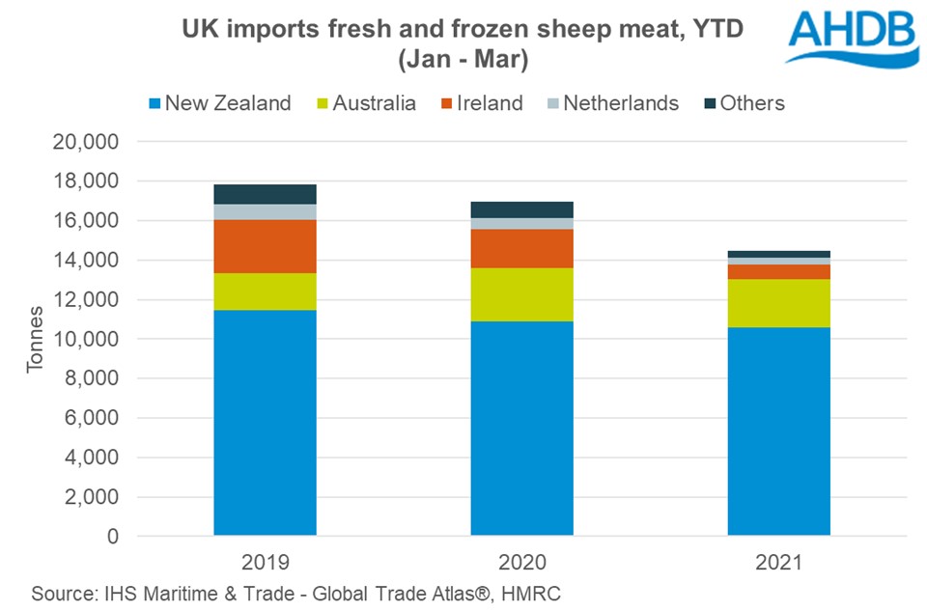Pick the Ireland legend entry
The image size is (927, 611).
point(481,103)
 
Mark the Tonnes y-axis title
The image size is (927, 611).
point(36,340)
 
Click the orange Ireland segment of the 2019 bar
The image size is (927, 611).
point(266,246)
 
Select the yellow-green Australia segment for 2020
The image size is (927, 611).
point(521,294)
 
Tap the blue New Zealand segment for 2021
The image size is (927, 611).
point(778,430)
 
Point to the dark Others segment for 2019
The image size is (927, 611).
point(266,194)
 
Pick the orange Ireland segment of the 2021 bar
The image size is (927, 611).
point(778,271)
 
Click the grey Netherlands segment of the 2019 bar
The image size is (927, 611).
point(266,212)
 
